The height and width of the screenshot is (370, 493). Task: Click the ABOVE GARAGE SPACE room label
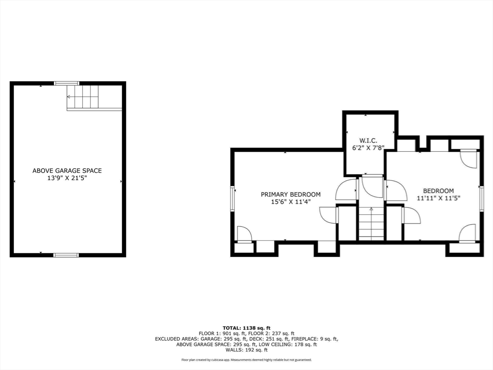67,171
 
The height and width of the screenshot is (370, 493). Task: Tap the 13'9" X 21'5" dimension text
67,178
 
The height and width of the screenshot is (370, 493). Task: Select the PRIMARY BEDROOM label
290,195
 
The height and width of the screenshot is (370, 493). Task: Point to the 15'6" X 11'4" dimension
290,202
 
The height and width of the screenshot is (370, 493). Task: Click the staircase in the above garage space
83,96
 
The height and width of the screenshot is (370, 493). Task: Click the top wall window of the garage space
66,83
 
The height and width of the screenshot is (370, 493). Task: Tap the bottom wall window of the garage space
66,255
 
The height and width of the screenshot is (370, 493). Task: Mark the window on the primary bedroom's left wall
233,198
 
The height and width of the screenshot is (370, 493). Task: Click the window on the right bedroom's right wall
481,198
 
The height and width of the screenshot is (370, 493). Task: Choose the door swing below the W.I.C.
372,187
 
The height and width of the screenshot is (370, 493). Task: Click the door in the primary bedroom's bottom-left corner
245,234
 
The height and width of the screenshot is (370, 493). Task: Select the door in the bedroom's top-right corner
468,159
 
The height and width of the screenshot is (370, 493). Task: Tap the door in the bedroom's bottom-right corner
467,234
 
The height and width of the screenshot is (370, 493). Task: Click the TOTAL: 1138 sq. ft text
246,328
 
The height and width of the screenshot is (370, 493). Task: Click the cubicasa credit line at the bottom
246,360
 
